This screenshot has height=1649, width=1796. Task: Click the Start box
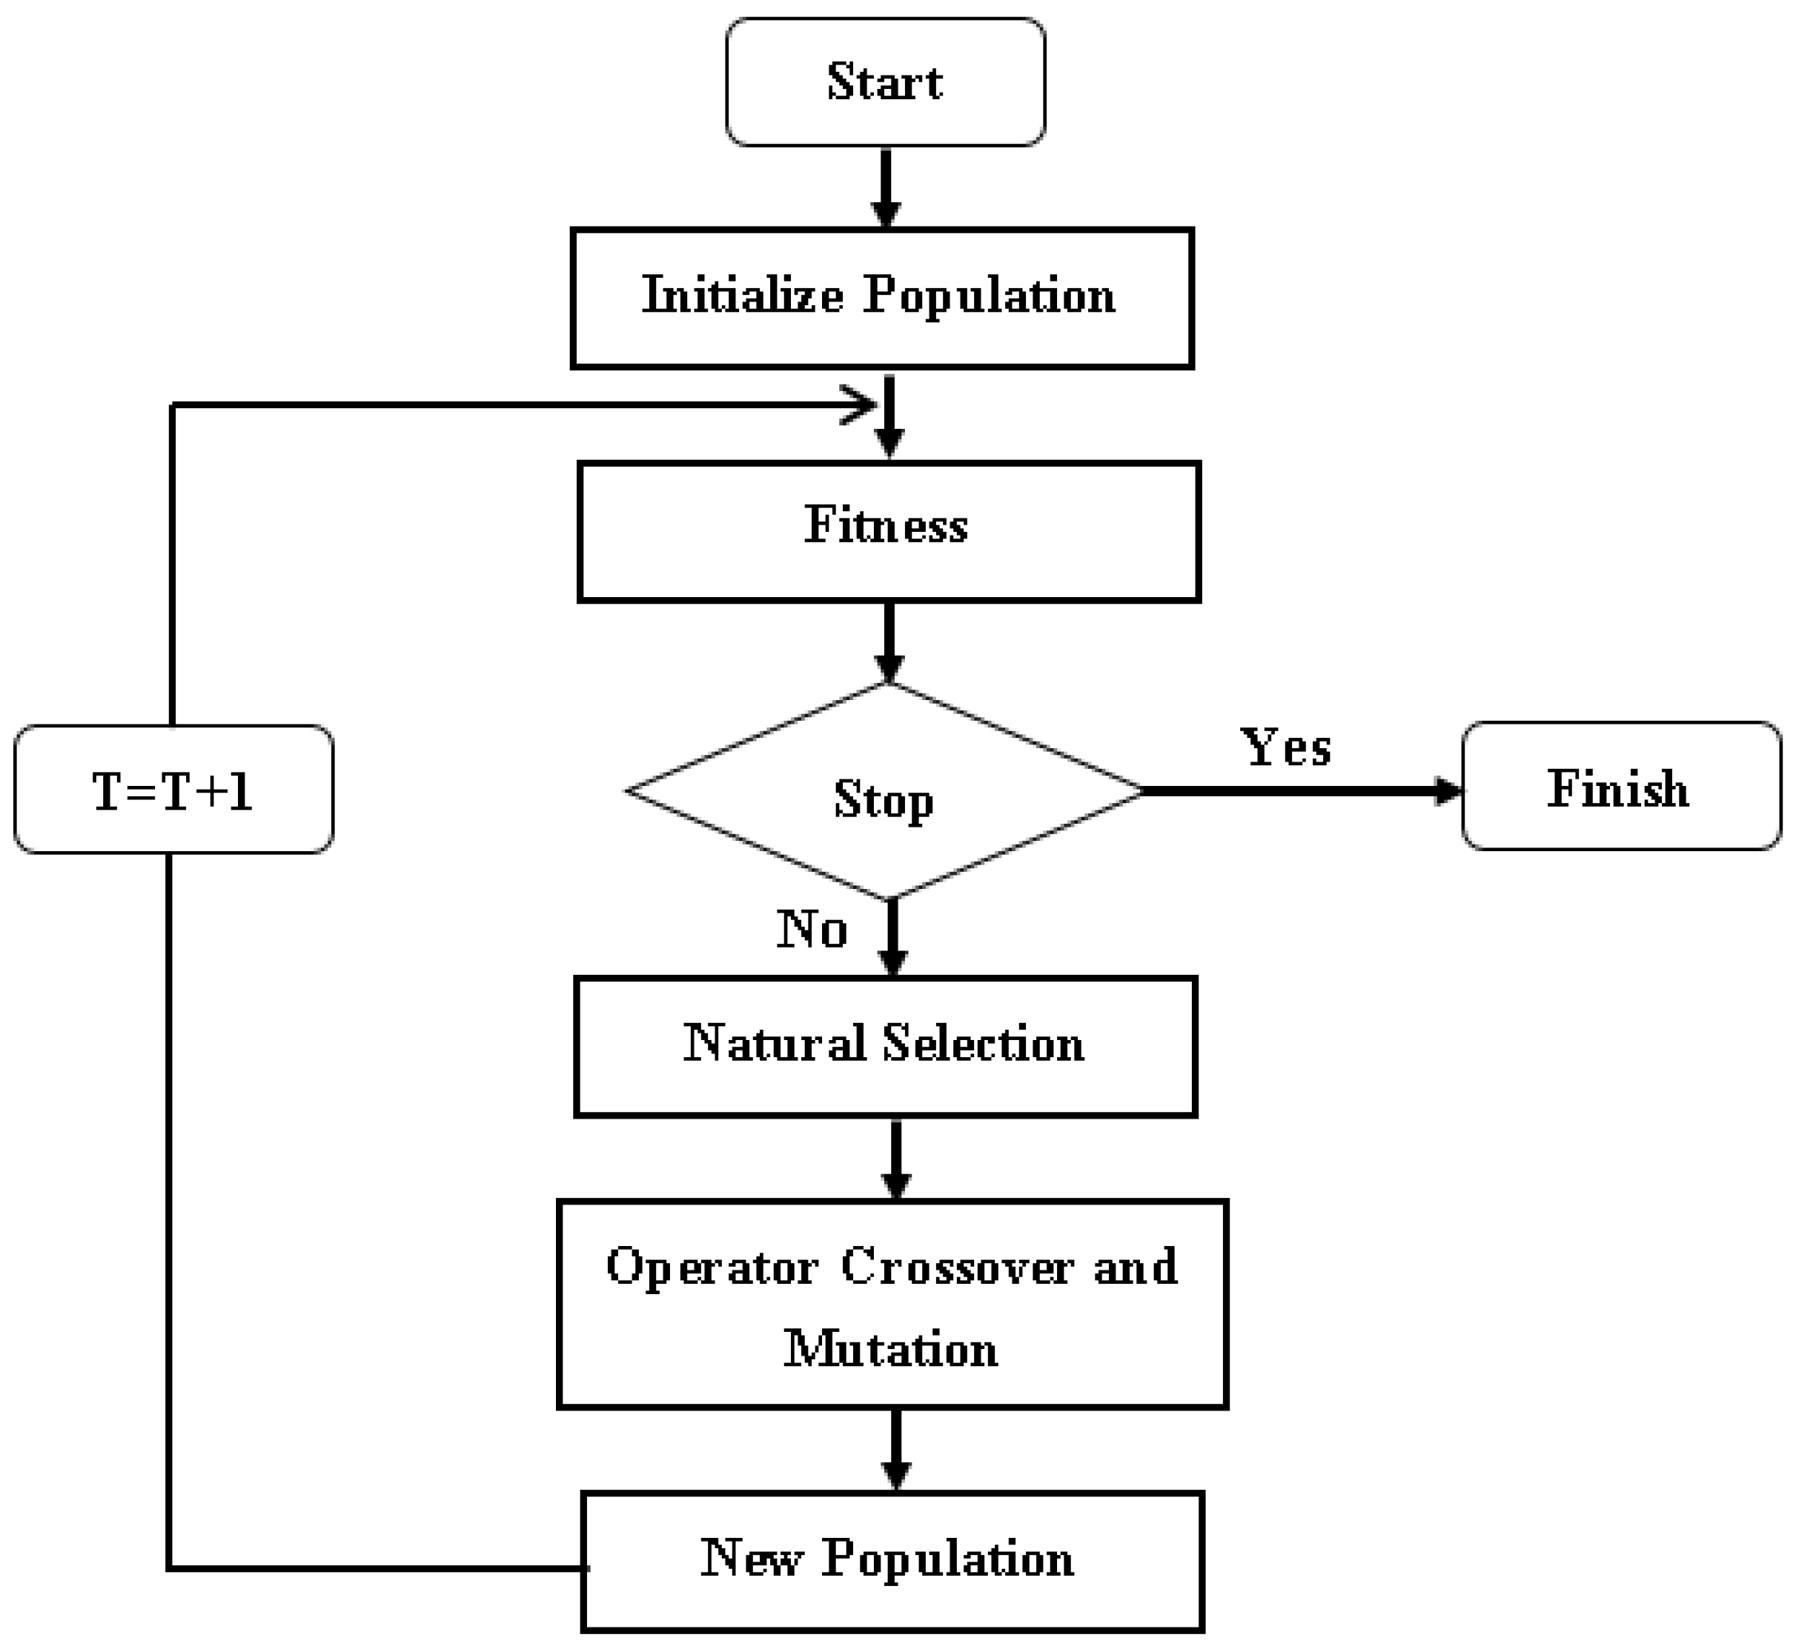pos(884,82)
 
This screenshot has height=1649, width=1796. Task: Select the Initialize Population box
pos(882,297)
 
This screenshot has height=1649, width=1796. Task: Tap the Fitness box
pos(888,532)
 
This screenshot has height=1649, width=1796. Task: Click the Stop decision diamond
pos(884,790)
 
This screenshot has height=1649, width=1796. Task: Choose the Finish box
pos(1620,786)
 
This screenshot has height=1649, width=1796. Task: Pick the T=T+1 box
pos(173,790)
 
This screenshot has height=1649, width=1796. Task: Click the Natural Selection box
pos(884,1046)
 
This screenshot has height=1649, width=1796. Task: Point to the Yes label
pos(1285,746)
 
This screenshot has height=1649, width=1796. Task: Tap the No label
pos(812,929)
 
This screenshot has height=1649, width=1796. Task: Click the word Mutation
pos(891,1348)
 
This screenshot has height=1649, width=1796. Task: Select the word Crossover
pos(957,1266)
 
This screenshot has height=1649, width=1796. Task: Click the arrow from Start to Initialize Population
pos(886,188)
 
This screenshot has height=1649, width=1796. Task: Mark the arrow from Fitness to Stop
pos(888,642)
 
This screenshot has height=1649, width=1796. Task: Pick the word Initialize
pos(742,295)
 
